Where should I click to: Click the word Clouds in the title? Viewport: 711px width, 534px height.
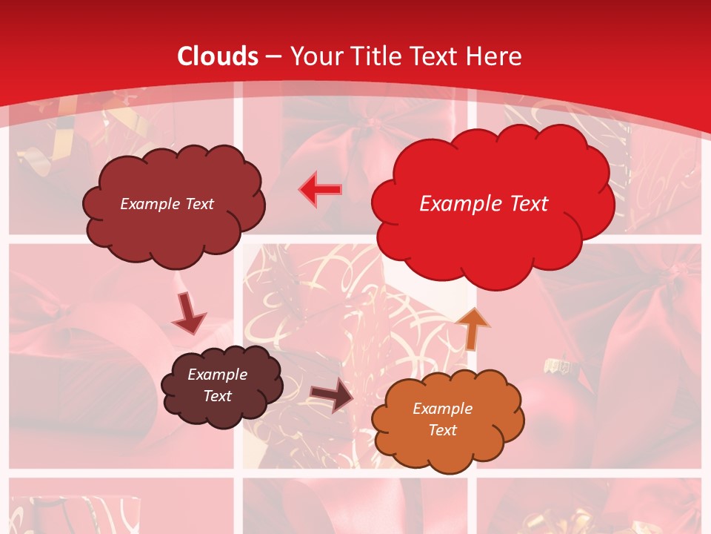coord(218,56)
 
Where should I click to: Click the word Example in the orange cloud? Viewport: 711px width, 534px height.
coord(442,409)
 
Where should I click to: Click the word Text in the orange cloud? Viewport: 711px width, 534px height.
coord(442,430)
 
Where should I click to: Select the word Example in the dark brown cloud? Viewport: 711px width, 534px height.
coord(217,375)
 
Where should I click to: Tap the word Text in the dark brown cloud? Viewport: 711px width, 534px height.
coord(217,396)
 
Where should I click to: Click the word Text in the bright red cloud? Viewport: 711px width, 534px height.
coord(522,204)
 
